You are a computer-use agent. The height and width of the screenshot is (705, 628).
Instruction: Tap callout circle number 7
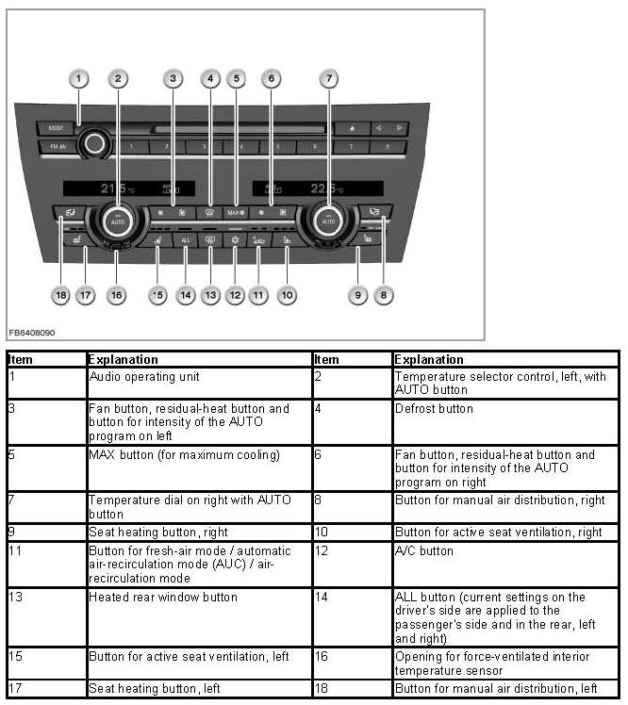(328, 79)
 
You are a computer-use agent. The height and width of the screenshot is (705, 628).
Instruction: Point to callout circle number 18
(61, 295)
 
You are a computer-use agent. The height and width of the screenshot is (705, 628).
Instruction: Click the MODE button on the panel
(55, 127)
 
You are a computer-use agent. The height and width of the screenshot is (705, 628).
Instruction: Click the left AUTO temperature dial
(117, 220)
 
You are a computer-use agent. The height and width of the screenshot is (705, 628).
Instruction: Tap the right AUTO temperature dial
(328, 220)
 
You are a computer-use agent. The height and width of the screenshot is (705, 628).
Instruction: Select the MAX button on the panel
(236, 213)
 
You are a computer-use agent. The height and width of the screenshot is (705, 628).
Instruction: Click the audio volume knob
(93, 144)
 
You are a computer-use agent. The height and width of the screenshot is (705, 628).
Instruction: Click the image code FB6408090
(33, 334)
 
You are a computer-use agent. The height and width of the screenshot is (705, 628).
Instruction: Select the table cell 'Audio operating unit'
(198, 382)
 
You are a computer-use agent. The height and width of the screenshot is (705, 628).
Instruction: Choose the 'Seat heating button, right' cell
(198, 533)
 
